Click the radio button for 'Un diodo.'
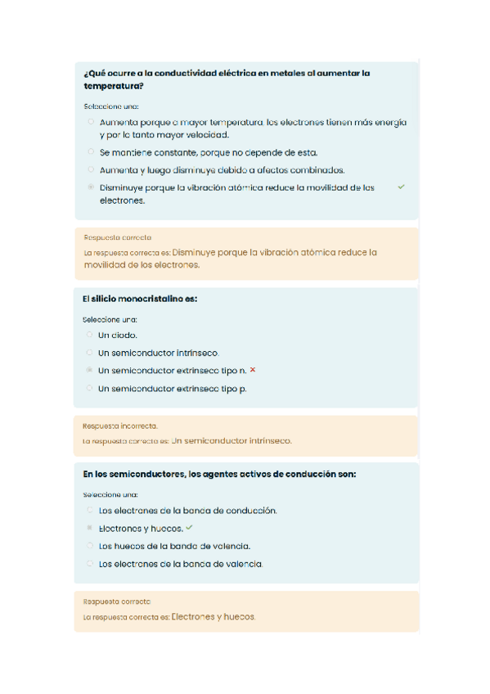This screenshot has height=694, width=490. pos(89,335)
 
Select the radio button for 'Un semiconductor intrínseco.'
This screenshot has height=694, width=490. pos(89,353)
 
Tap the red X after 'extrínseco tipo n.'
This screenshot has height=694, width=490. pos(253,370)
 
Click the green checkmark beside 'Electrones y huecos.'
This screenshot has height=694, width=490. pos(190,528)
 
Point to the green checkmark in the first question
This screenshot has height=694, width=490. pos(401,187)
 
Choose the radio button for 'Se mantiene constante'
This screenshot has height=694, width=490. pos(91,152)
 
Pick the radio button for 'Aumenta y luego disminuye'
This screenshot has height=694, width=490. pos(91,169)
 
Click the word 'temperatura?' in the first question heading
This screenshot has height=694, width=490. pos(114,86)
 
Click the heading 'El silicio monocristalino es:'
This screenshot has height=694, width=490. pos(140,300)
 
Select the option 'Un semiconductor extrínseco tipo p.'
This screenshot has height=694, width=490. pos(172,389)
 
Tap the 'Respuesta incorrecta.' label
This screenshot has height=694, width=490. pos(120,426)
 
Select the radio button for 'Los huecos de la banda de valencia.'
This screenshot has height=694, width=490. pos(89,546)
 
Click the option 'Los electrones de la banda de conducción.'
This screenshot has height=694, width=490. pos(187,511)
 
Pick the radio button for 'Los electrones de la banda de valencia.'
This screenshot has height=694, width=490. pos(89,564)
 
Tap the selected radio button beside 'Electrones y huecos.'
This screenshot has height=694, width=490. pos(89,528)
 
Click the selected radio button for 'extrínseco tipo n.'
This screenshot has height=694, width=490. pos(89,371)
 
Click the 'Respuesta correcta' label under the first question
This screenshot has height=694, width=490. pos(117,237)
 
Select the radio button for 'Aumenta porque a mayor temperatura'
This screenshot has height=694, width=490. pos(91,122)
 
